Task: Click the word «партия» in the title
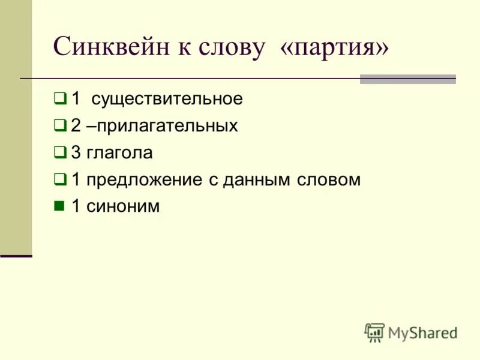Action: (x=334, y=47)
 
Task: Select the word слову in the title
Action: (x=229, y=47)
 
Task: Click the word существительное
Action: (x=167, y=99)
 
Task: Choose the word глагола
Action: (x=119, y=153)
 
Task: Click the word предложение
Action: (x=145, y=180)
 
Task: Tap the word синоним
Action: (x=123, y=207)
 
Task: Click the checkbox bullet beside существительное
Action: (x=59, y=98)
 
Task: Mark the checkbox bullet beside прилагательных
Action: (x=59, y=125)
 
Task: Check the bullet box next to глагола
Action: (x=59, y=152)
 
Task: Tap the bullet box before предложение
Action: (x=59, y=179)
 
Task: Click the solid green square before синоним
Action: (x=59, y=206)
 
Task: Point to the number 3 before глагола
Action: (x=76, y=153)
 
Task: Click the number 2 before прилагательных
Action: (x=76, y=126)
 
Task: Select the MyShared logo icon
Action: (x=374, y=332)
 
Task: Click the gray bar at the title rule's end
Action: (x=407, y=79)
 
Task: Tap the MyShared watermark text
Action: (x=422, y=333)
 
